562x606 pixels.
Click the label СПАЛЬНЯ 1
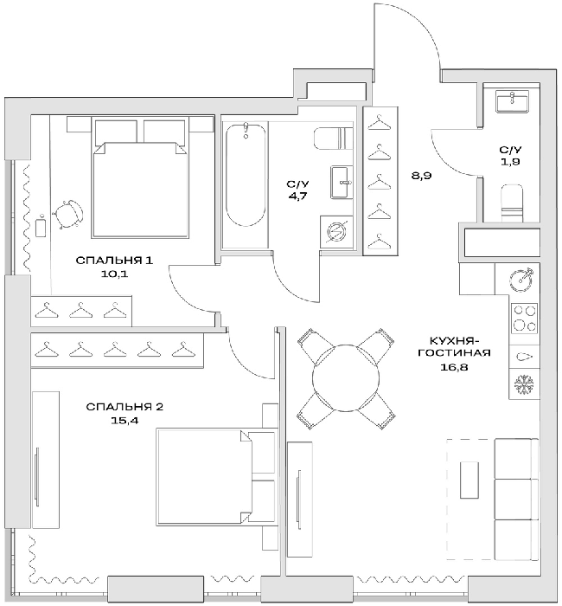pos(114,260)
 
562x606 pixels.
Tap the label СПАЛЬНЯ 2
pos(125,407)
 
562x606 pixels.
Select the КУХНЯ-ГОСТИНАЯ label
pos(454,346)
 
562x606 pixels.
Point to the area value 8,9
pos(421,176)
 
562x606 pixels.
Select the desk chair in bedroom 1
pos(69,210)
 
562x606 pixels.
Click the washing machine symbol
pos(335,232)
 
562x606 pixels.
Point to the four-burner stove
pos(524,318)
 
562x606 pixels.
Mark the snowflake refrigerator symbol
pos(523,382)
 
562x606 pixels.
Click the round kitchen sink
pos(523,280)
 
